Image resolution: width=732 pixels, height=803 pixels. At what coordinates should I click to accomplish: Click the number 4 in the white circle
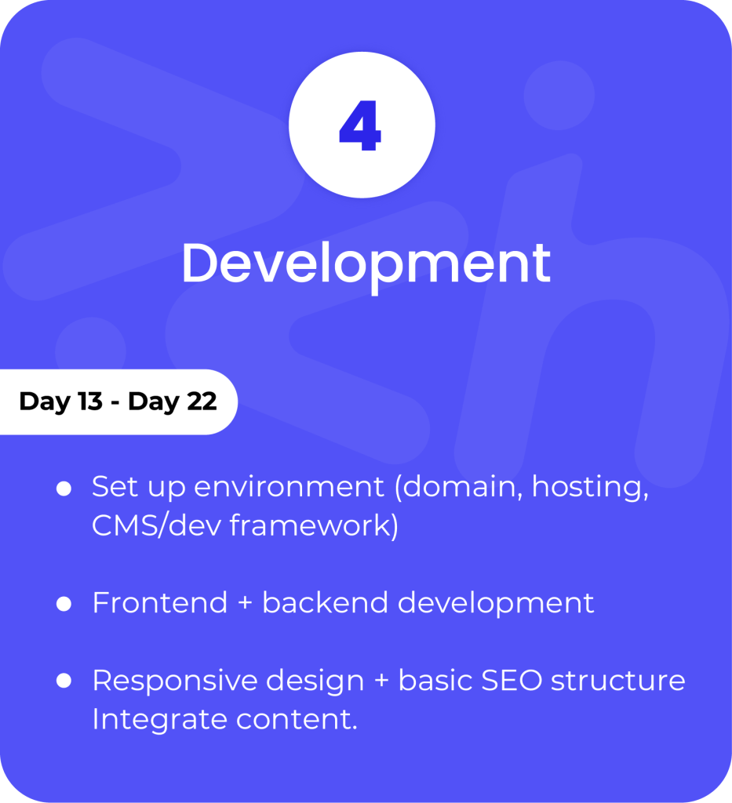(361, 125)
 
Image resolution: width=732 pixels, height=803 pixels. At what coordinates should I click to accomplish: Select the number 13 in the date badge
(90, 401)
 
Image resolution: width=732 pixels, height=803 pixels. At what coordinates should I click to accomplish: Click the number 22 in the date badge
(202, 401)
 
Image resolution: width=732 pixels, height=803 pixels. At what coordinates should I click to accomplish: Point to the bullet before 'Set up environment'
(64, 489)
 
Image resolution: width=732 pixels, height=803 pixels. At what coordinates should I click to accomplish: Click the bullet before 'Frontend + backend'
(64, 604)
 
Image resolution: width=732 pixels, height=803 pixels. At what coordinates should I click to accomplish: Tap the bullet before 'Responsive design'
(64, 681)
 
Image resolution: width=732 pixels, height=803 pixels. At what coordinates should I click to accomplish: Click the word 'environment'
(289, 486)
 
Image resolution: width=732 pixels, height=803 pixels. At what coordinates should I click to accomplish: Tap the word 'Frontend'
(160, 603)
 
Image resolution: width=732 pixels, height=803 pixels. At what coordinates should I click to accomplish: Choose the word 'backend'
(326, 602)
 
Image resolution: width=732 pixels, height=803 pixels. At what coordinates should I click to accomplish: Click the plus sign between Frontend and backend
(245, 603)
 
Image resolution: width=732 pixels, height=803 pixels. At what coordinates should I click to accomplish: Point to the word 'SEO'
(512, 681)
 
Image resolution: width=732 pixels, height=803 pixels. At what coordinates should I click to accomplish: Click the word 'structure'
(618, 681)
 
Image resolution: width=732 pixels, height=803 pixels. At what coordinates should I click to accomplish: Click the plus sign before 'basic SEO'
(381, 681)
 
